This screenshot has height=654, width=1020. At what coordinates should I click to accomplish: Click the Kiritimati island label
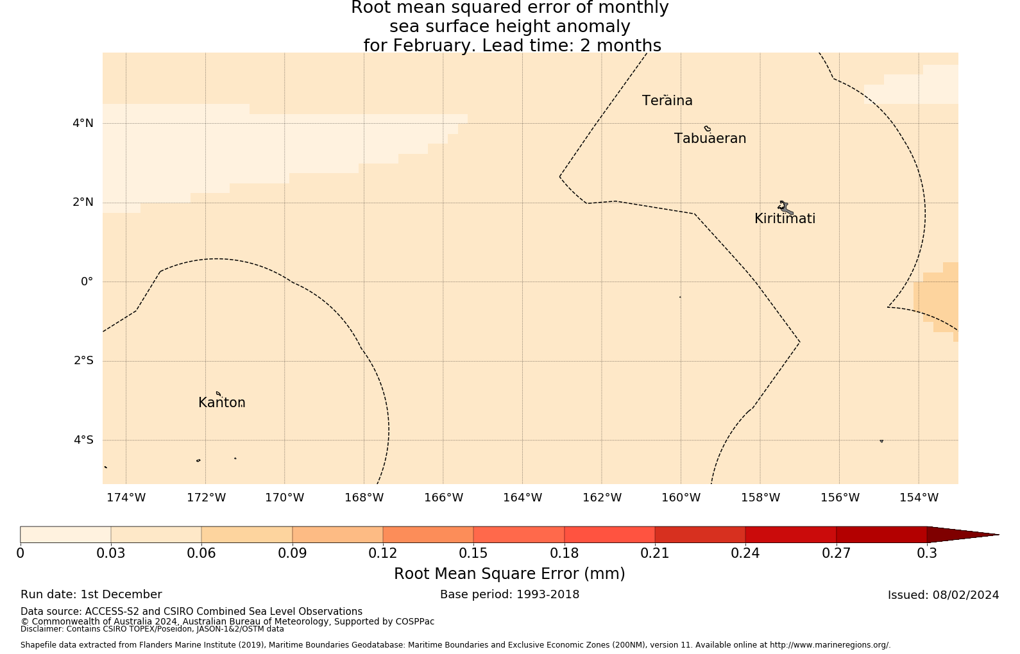785,219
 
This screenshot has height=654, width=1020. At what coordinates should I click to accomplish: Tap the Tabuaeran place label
710,138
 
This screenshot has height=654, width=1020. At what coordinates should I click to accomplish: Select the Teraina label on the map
667,101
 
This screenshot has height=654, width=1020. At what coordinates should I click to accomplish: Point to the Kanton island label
221,403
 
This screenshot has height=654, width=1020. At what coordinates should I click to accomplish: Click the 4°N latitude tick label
83,123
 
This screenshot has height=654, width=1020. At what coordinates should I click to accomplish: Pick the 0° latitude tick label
87,281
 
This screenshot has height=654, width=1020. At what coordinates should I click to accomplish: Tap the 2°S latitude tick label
83,361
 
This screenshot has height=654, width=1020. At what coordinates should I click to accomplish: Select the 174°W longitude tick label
126,498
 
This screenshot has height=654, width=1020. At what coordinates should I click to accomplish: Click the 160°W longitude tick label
681,498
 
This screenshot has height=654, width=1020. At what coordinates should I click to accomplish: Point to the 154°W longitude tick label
919,498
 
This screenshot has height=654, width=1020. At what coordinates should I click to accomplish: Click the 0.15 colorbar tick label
473,553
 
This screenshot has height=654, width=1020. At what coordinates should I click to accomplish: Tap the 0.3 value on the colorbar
927,553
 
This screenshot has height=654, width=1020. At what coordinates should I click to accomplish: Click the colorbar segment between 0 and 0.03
65,534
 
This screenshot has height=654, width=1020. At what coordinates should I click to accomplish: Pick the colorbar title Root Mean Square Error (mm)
509,574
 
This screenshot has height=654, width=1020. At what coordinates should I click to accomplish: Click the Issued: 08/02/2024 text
943,595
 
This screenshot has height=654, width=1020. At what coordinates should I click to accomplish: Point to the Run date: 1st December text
91,594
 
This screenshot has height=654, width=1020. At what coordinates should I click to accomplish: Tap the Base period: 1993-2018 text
509,594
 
